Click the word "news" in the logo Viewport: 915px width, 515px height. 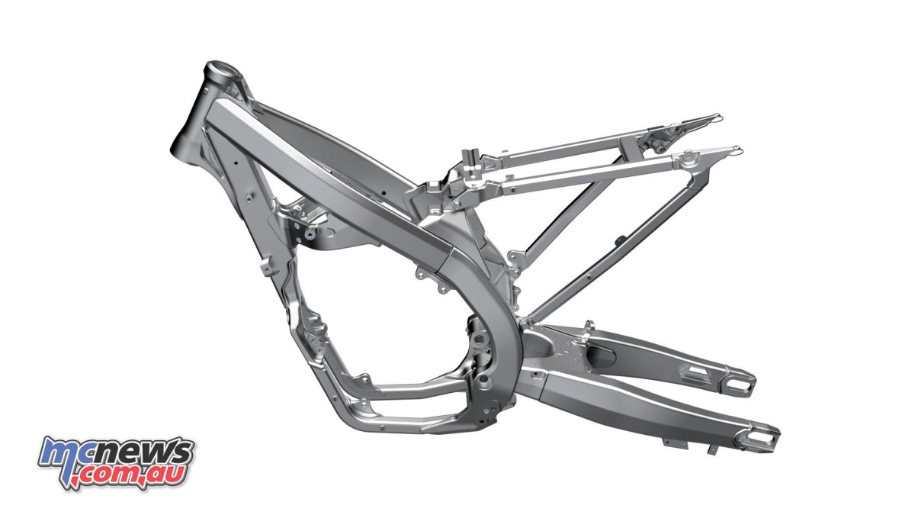149,452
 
